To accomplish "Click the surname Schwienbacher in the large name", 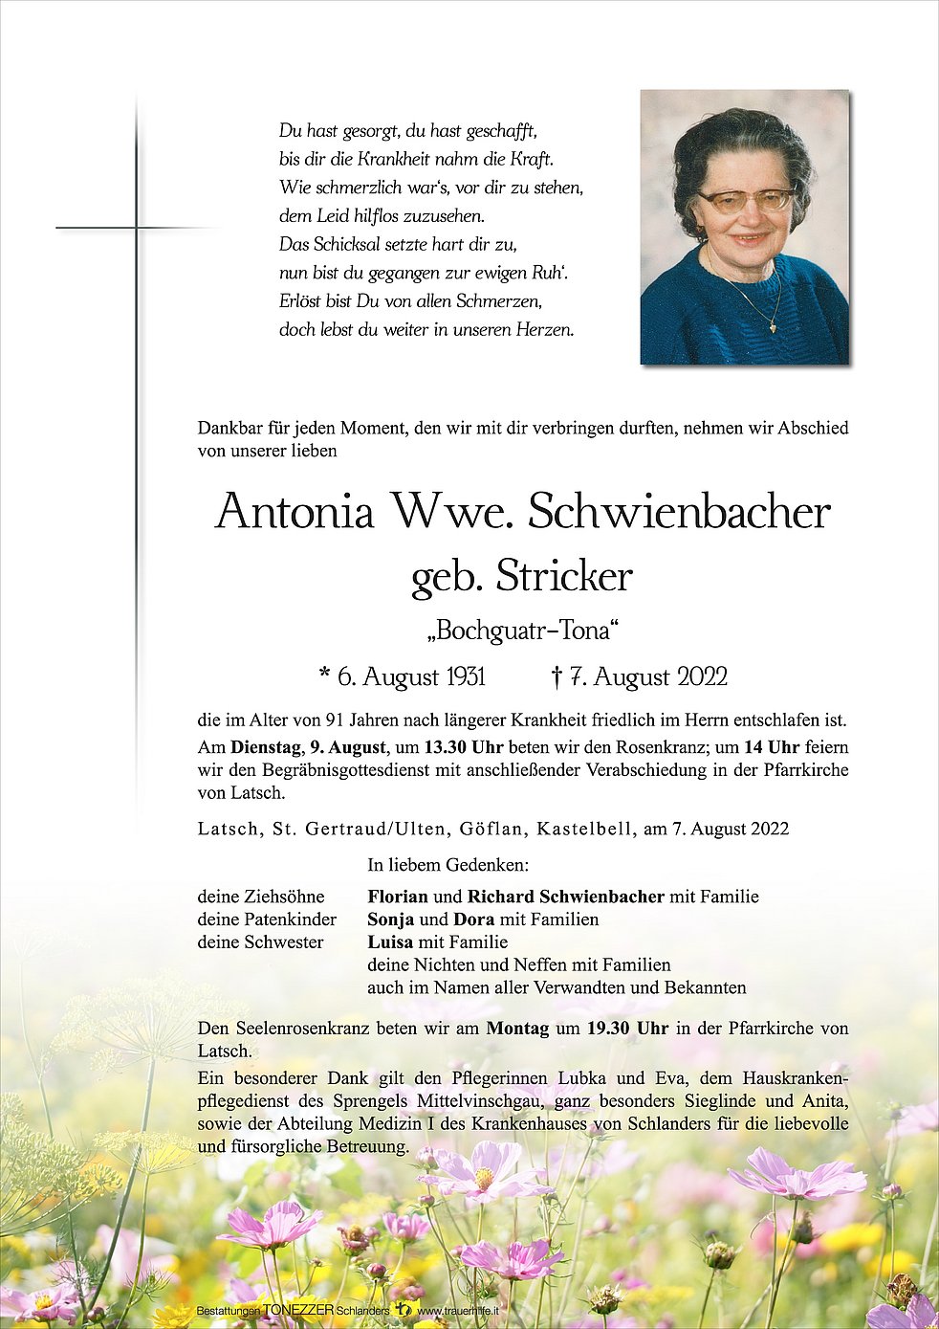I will tap(679, 512).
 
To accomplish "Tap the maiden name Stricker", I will tap(564, 577).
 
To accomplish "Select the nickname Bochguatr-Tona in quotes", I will tap(522, 631).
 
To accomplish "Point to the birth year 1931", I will tap(465, 677).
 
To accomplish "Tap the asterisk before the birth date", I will tap(325, 676).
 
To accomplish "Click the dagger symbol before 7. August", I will tap(557, 677).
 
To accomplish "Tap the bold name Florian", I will tap(397, 897).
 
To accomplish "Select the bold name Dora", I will tap(473, 919).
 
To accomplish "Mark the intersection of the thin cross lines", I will tap(136, 228).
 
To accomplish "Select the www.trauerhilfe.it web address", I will tap(457, 1311).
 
